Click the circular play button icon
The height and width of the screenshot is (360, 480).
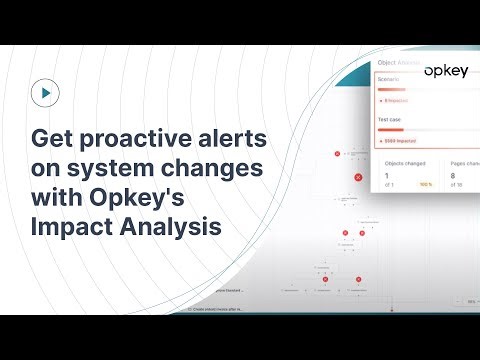(46, 94)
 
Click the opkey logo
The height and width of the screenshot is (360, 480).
(445, 71)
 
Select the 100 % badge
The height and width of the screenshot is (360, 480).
(424, 185)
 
